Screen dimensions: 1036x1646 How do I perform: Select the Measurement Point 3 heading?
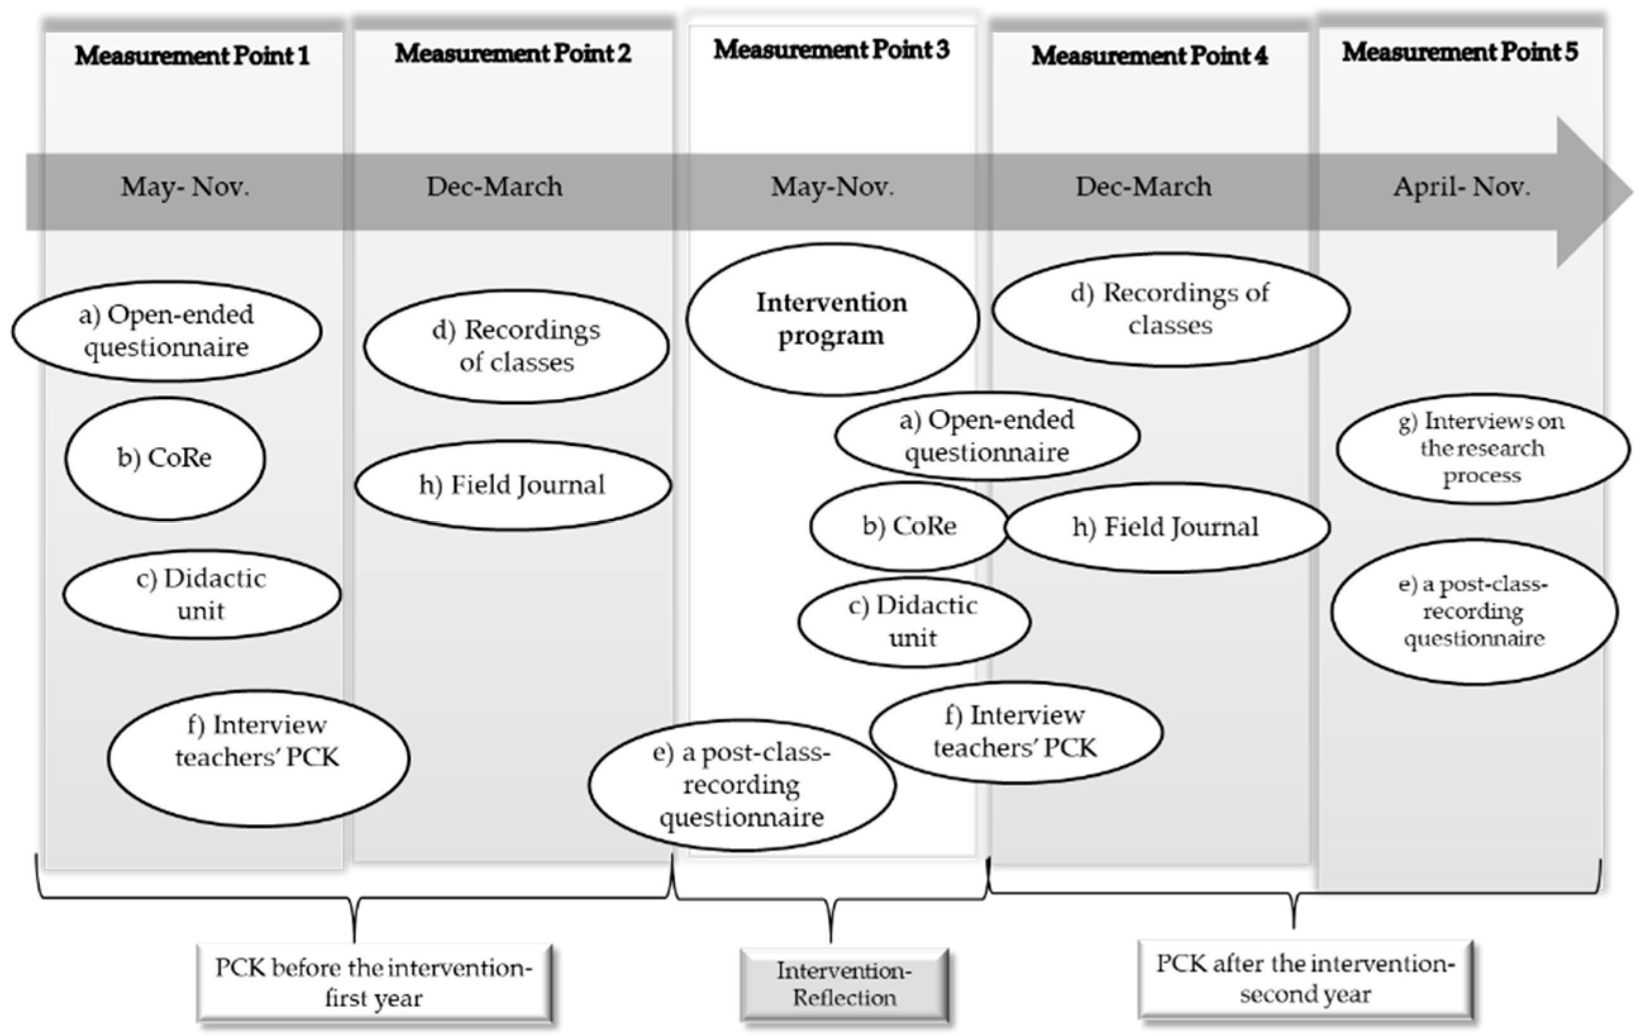(x=831, y=50)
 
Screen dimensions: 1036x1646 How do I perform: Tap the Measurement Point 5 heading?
(x=1459, y=52)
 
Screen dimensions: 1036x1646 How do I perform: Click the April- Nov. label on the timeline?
(x=1461, y=187)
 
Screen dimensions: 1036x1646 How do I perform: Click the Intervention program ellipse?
(x=832, y=319)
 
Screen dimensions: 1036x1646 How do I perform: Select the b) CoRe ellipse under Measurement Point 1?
(x=164, y=458)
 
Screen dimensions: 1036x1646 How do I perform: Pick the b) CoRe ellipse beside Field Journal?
(x=908, y=526)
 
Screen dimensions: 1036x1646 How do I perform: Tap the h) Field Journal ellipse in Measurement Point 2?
(x=512, y=485)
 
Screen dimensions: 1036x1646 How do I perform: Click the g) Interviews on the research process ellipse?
(x=1482, y=448)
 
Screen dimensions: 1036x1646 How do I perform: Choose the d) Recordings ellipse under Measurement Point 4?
(x=1170, y=309)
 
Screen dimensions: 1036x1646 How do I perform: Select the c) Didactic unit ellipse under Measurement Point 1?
(x=201, y=594)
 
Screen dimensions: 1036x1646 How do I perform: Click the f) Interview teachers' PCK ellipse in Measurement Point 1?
(x=257, y=757)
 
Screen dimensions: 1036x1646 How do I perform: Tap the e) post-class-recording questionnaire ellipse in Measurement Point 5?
(x=1474, y=611)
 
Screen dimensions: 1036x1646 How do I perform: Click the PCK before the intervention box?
(x=374, y=983)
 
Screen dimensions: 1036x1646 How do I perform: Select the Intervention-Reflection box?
(x=844, y=984)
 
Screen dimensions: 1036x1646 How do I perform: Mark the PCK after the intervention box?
(x=1305, y=978)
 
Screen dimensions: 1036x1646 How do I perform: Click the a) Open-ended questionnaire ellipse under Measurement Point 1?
(x=166, y=331)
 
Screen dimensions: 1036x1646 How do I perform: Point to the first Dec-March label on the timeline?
(x=494, y=187)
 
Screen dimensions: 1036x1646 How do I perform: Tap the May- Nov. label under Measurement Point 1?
(x=185, y=187)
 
